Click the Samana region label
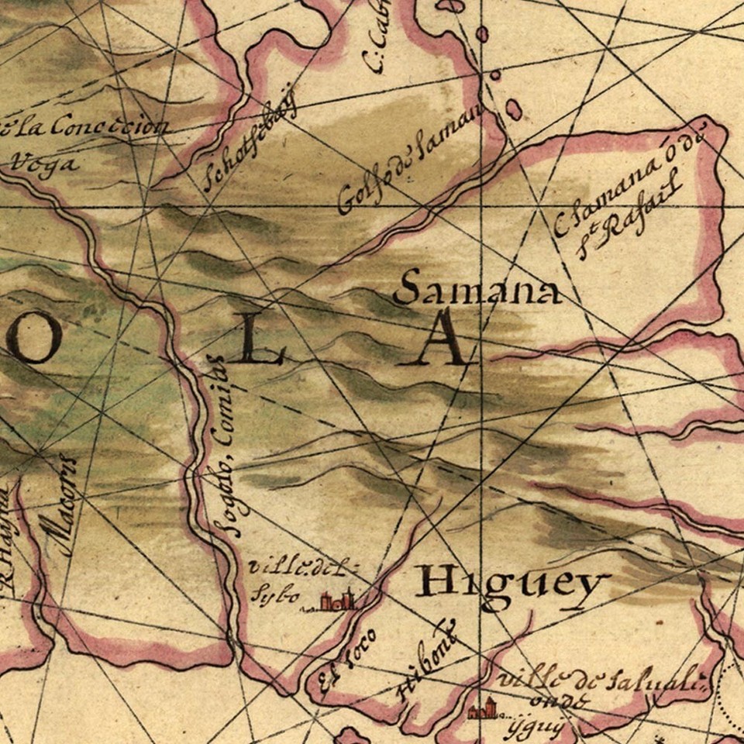click(476, 288)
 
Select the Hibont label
click(426, 660)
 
